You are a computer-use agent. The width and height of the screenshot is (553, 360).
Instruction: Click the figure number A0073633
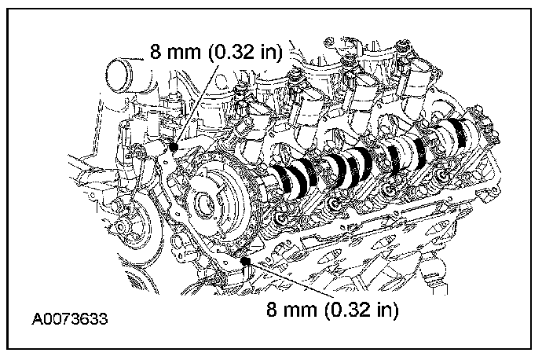point(70,320)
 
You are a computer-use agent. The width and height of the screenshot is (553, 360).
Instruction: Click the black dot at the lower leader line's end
point(245,261)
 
